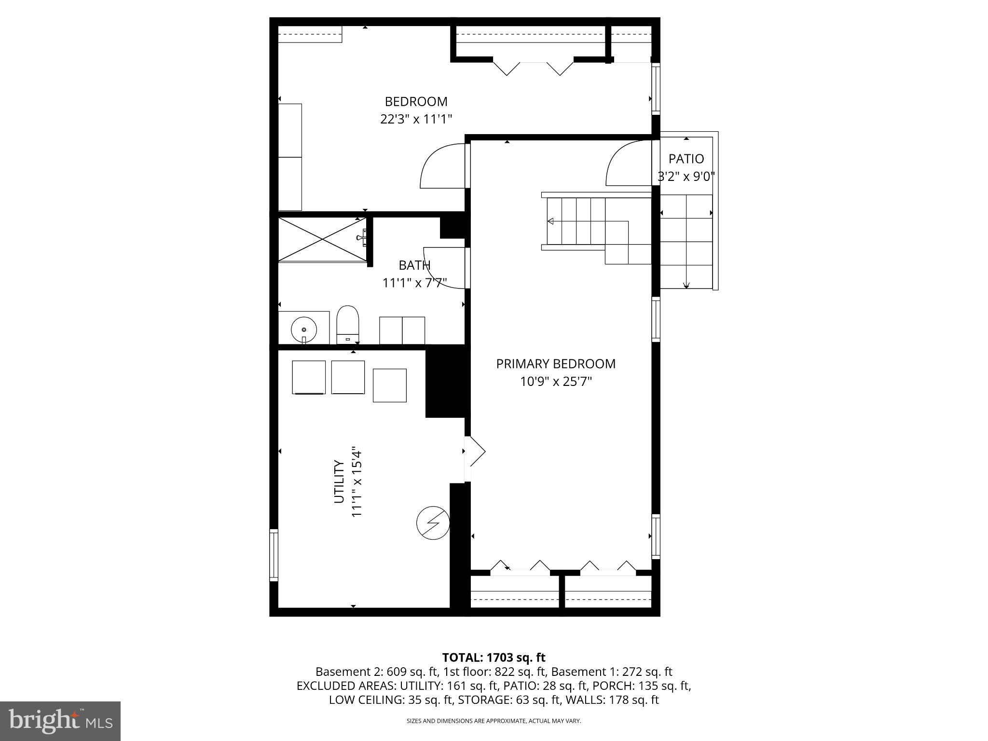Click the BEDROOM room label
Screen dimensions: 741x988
(416, 102)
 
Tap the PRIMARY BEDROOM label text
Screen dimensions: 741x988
(556, 364)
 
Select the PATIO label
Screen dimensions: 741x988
(686, 159)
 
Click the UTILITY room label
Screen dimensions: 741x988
(339, 481)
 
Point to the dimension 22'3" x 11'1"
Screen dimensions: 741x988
(416, 119)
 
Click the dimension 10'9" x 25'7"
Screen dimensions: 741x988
(556, 382)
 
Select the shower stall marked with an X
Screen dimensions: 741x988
(322, 240)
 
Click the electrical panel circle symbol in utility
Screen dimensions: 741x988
(433, 523)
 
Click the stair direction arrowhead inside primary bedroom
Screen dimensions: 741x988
(550, 221)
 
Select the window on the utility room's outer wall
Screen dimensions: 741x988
(274, 555)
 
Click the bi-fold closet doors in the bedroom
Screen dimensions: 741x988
(533, 68)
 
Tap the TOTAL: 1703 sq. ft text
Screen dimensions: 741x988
(494, 657)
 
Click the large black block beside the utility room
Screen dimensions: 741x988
(445, 384)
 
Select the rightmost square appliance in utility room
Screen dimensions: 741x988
(389, 385)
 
